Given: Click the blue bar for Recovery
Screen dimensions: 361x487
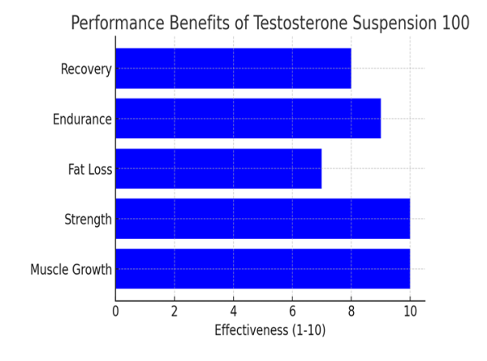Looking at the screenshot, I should [x=233, y=68].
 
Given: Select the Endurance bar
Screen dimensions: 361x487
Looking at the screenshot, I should [x=248, y=119].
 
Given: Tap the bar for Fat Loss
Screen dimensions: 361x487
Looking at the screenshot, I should [x=218, y=169].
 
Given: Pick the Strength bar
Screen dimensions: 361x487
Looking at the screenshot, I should [x=262, y=219].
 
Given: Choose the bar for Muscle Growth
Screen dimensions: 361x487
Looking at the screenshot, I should [x=262, y=269].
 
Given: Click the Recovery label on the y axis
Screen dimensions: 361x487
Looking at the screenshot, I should [x=85, y=69].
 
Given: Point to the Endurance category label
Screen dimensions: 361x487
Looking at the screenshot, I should [x=81, y=120].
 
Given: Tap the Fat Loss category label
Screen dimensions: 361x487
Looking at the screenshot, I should [x=89, y=170].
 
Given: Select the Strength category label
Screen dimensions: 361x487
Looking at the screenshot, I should [x=87, y=220].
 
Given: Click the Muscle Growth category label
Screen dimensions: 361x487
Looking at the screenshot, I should [x=71, y=270].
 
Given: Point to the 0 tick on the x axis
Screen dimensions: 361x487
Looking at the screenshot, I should [x=115, y=310].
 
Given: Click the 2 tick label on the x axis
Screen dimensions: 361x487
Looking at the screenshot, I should [x=175, y=310].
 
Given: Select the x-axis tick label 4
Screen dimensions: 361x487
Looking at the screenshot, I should [x=233, y=310].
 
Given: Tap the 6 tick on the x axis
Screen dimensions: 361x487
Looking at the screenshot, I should [x=292, y=310].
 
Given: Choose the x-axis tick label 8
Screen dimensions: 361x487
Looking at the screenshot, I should [x=351, y=310].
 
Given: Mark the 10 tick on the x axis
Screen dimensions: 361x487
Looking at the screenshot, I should [x=410, y=310].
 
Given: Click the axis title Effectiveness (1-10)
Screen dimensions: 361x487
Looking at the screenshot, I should [x=269, y=331].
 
